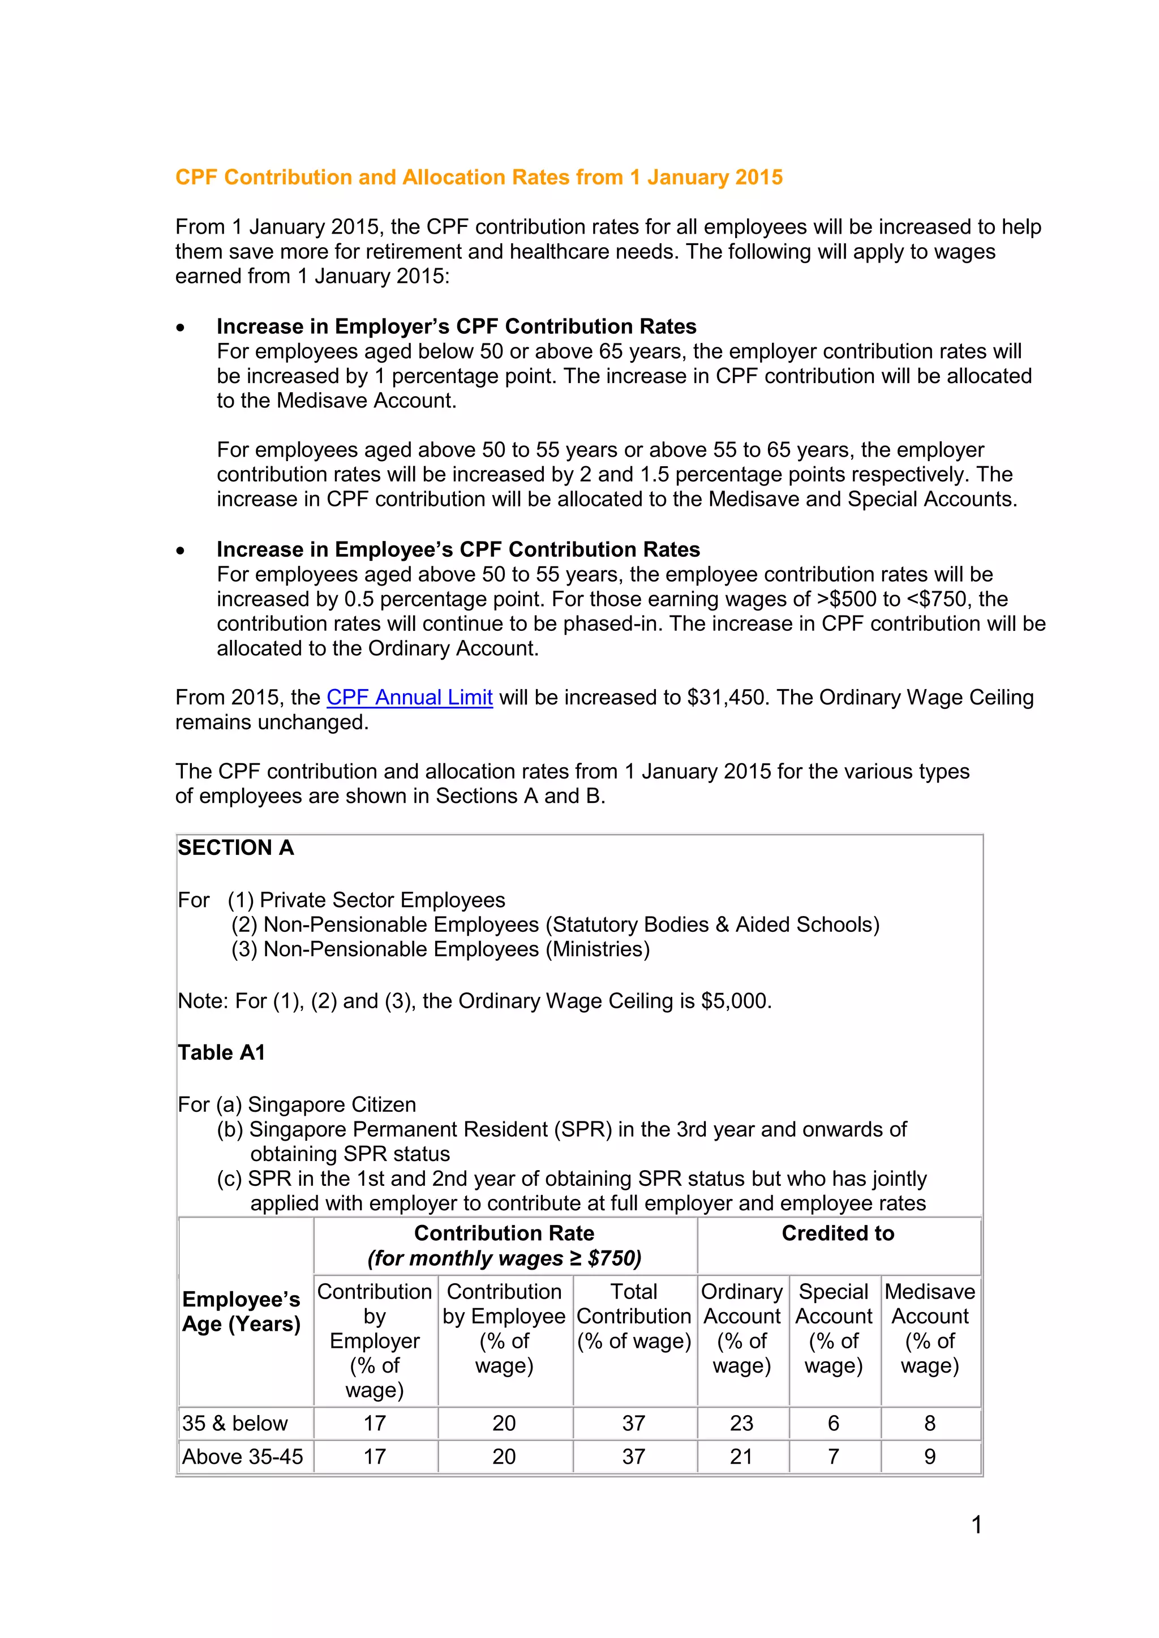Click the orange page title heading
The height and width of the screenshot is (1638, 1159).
coord(479,177)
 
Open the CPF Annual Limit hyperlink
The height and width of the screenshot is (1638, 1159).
coord(409,697)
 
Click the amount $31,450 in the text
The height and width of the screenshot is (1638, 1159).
coord(727,697)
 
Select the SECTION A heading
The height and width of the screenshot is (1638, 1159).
coord(235,848)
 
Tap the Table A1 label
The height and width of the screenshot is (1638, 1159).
coord(221,1052)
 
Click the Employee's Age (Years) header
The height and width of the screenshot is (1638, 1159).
coord(241,1312)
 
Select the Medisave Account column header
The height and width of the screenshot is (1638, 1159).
coord(929,1328)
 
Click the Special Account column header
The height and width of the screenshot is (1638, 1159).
coord(833,1328)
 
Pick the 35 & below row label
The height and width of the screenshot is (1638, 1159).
coord(235,1423)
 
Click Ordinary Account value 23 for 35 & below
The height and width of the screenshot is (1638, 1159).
coord(741,1423)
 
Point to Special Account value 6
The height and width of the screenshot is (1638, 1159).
coord(833,1423)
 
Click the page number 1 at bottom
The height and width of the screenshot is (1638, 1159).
coord(976,1525)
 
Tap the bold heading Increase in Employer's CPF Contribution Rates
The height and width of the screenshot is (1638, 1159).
coord(456,326)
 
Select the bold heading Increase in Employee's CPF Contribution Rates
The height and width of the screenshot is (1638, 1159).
coord(458,549)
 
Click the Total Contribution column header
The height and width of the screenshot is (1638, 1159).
coord(634,1315)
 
